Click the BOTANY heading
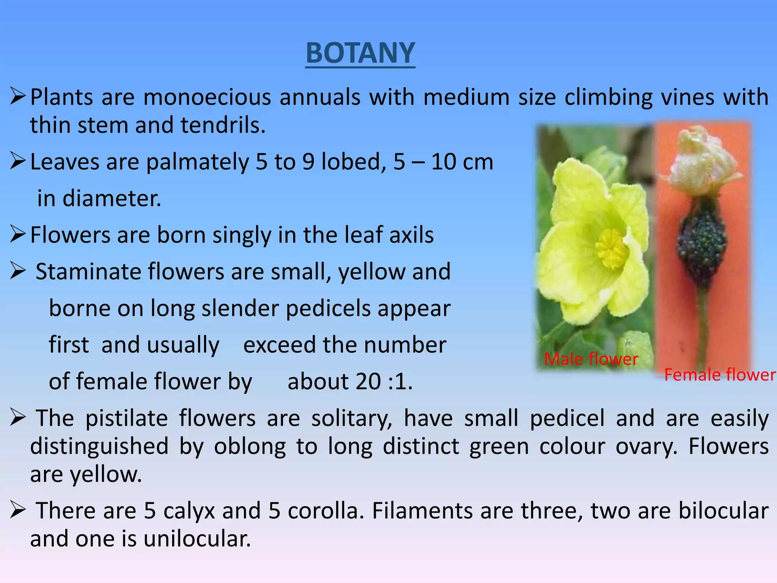tap(360, 53)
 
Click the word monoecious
tap(207, 97)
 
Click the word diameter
tap(112, 199)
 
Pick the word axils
tap(411, 235)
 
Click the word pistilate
tap(126, 418)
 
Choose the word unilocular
tap(197, 539)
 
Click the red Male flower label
tap(591, 359)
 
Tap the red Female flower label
tap(720, 375)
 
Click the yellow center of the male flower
tap(610, 249)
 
